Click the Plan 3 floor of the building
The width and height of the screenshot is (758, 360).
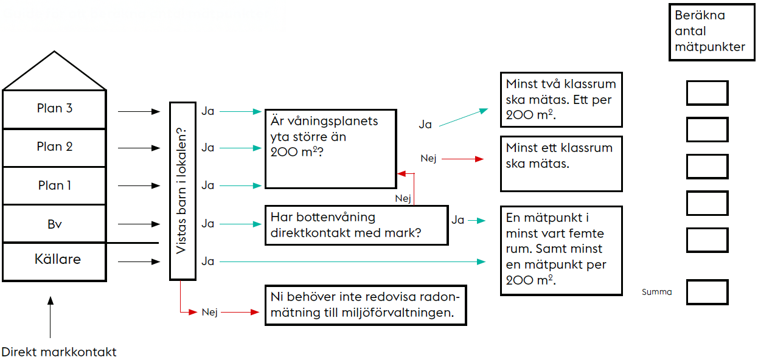[x=55, y=109]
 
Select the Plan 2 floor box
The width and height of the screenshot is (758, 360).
[x=55, y=147]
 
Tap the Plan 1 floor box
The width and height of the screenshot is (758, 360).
[x=55, y=185]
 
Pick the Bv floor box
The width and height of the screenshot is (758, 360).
[x=55, y=224]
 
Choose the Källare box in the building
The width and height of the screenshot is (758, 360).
[x=55, y=261]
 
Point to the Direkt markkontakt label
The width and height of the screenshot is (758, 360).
[x=59, y=351]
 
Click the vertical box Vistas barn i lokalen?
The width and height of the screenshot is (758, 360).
[x=183, y=190]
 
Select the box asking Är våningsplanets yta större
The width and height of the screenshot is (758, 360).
[x=330, y=149]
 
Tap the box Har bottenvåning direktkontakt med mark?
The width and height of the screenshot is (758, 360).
[x=356, y=225]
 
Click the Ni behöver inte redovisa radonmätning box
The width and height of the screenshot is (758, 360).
[x=365, y=305]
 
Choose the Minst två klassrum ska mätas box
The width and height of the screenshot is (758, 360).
[x=561, y=100]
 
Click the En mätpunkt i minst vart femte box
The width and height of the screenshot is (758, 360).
[x=561, y=251]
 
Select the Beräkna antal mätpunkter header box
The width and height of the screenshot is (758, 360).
[x=712, y=33]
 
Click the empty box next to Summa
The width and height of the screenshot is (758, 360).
[x=707, y=292]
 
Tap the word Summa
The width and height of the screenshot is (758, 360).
[x=657, y=292]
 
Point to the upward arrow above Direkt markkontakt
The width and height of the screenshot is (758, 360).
[x=50, y=316]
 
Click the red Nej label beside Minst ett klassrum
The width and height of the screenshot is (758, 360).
[x=428, y=159]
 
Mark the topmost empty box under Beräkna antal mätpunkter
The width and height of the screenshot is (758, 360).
[x=707, y=93]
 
